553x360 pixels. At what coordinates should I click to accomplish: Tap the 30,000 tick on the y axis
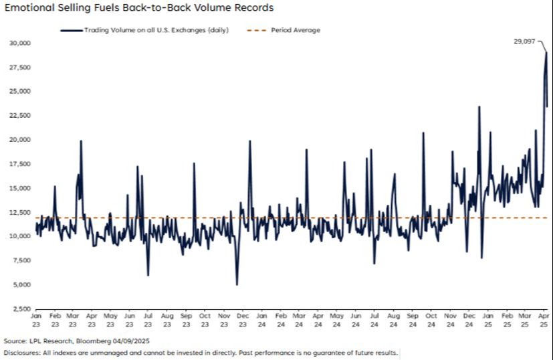pos(20,43)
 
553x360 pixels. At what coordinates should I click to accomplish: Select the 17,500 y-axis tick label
pos(20,164)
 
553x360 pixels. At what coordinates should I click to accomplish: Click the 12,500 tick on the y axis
pos(20,212)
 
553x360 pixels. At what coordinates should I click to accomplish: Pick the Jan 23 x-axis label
pos(37,319)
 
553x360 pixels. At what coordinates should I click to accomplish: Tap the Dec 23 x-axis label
pos(243,319)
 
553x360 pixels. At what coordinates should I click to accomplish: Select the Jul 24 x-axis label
pos(374,319)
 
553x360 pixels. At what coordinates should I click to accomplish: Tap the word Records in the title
pos(255,8)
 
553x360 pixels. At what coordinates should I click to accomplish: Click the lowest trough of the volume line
pos(237,284)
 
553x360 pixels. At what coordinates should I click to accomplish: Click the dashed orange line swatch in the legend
pos(256,30)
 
